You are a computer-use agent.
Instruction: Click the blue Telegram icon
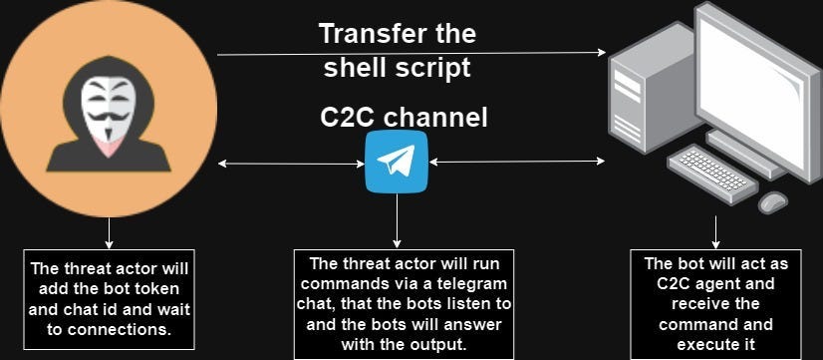(x=397, y=161)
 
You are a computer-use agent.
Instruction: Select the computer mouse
(x=773, y=201)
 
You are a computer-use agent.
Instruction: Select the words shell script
(x=397, y=69)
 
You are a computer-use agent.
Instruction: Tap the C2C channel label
(x=404, y=118)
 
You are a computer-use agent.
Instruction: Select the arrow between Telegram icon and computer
(x=516, y=161)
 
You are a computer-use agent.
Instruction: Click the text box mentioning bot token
(x=109, y=298)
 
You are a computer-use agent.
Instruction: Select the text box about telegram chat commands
(x=404, y=303)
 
